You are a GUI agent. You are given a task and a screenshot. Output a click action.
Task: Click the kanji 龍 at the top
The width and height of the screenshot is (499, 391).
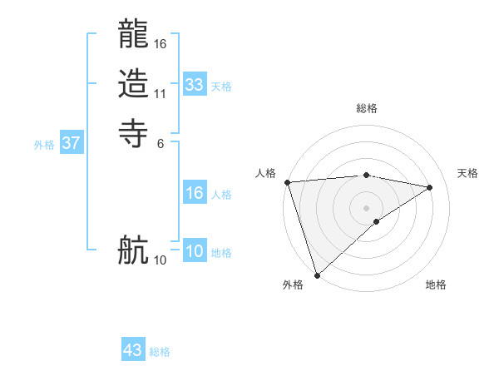point(134,37)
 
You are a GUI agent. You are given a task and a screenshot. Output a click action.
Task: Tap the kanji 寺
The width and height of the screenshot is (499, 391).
point(134,132)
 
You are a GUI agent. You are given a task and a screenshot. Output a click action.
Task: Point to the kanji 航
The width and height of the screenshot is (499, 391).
point(134,250)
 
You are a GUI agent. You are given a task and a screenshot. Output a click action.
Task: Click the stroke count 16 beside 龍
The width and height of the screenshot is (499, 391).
point(161,43)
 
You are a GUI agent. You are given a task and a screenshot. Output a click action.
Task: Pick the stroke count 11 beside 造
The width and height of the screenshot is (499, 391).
point(161,93)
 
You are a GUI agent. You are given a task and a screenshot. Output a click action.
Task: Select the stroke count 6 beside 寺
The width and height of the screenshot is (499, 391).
point(161,142)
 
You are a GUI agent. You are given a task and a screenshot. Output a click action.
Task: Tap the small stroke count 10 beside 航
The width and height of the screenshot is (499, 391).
point(161,260)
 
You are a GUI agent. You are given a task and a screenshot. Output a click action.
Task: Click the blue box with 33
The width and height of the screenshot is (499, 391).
point(195,85)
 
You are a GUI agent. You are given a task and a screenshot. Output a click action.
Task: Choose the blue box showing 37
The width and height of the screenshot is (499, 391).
point(72,143)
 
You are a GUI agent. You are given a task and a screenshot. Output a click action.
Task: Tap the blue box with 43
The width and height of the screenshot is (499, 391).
point(133,350)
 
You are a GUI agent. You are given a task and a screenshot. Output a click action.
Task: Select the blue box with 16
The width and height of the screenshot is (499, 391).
point(195,193)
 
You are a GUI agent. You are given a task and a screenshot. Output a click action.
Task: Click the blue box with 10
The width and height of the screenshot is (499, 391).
point(195,251)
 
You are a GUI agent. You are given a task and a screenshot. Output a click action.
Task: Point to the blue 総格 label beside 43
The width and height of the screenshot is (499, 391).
point(160,352)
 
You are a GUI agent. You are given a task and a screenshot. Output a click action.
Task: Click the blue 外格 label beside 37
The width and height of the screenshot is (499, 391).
point(44,145)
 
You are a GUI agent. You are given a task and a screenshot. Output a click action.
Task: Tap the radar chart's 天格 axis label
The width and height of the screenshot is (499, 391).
point(468,173)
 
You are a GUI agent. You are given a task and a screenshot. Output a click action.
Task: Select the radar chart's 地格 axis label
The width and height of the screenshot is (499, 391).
point(436,285)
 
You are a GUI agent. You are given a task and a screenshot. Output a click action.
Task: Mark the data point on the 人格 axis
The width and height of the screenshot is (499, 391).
point(287,182)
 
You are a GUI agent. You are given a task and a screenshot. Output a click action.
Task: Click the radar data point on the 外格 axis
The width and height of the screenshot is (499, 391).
point(318,275)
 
